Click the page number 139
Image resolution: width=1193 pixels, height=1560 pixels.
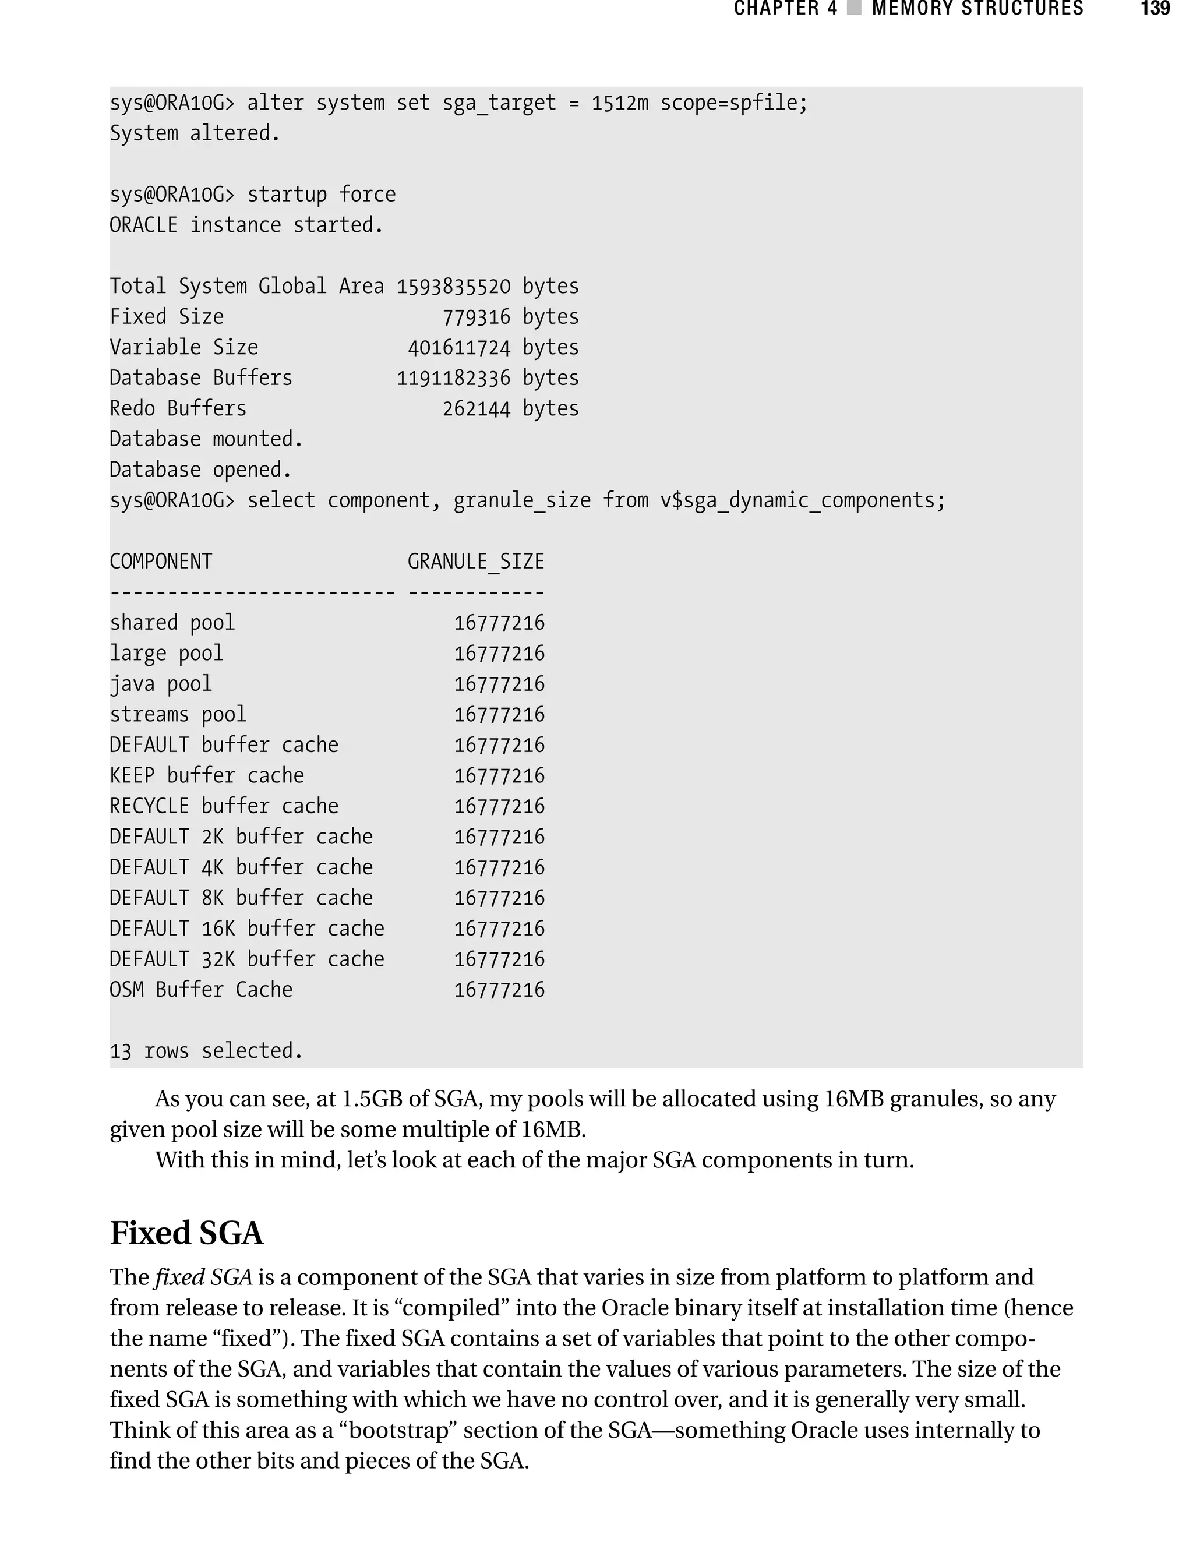tap(1155, 9)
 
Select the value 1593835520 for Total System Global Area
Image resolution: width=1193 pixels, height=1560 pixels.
tap(453, 286)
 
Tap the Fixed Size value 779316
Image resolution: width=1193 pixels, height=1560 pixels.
tap(476, 317)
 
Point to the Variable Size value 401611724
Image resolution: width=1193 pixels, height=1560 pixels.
tap(459, 347)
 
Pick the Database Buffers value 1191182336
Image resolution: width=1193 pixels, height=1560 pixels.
tap(453, 377)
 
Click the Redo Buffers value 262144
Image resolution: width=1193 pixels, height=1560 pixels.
tap(476, 408)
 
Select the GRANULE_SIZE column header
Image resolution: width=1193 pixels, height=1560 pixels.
tap(476, 561)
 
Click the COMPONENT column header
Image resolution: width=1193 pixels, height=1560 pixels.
tap(161, 561)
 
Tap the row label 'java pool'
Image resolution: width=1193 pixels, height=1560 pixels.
tap(161, 684)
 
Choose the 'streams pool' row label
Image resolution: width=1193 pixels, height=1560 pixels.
tap(178, 714)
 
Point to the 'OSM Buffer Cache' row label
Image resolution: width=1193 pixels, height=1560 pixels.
tap(201, 989)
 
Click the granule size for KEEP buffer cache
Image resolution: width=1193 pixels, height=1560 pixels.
tap(499, 775)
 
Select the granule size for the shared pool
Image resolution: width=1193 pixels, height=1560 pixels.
tap(499, 623)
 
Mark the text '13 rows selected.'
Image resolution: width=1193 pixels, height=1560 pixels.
tap(206, 1050)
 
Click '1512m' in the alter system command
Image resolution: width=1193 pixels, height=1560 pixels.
tap(619, 103)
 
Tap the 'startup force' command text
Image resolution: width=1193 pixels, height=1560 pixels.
tap(321, 195)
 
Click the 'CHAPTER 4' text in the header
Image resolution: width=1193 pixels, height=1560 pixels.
tap(785, 9)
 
